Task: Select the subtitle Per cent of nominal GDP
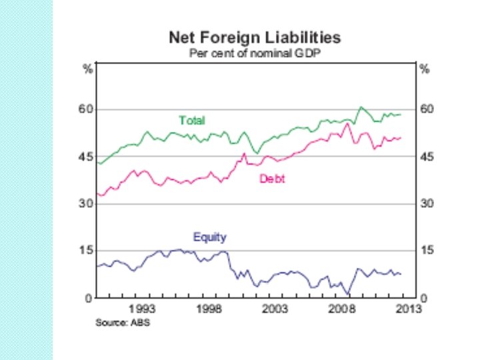click(x=255, y=53)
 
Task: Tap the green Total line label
click(x=192, y=121)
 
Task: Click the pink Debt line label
click(x=271, y=179)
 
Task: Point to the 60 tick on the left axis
click(x=83, y=109)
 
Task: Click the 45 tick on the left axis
click(x=83, y=157)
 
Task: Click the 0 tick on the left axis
click(x=87, y=298)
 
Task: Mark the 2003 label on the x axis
click(x=275, y=309)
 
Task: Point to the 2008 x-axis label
click(x=341, y=309)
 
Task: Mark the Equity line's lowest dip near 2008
click(x=347, y=294)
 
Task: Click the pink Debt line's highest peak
click(x=347, y=124)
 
